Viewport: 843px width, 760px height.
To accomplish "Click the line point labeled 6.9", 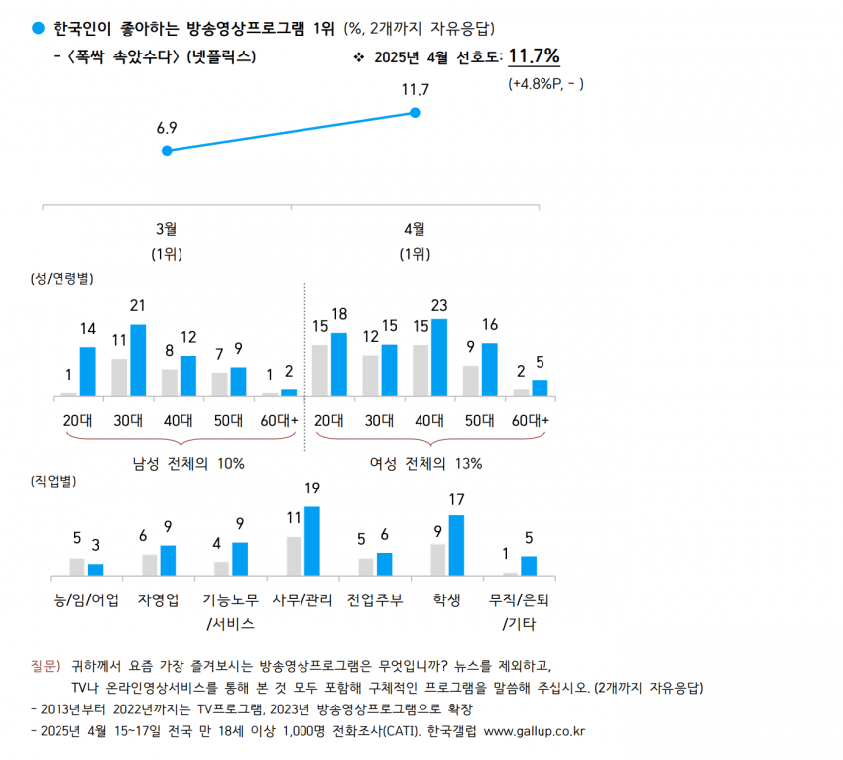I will (167, 151).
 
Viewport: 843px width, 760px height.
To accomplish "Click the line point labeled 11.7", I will (415, 113).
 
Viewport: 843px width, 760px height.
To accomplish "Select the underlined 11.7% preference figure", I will (534, 55).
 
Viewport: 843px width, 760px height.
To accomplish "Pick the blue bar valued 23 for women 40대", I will (438, 358).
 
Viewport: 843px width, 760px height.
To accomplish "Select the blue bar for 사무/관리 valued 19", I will (311, 541).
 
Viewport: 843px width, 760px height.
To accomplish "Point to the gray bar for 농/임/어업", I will (77, 566).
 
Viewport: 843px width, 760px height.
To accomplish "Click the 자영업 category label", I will (159, 599).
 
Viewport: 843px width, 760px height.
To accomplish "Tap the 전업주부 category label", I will (375, 599).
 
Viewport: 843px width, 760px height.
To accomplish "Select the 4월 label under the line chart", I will (415, 229).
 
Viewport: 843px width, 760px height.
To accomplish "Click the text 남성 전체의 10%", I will (188, 463).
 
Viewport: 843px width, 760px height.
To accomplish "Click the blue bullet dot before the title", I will (38, 25).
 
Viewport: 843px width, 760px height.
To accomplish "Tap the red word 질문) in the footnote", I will (46, 665).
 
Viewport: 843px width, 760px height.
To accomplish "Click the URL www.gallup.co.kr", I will (534, 731).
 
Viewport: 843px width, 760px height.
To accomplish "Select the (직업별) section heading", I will (54, 481).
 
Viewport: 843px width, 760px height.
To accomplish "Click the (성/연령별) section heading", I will (61, 278).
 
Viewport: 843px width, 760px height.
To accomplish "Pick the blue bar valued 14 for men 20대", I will (87, 372).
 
